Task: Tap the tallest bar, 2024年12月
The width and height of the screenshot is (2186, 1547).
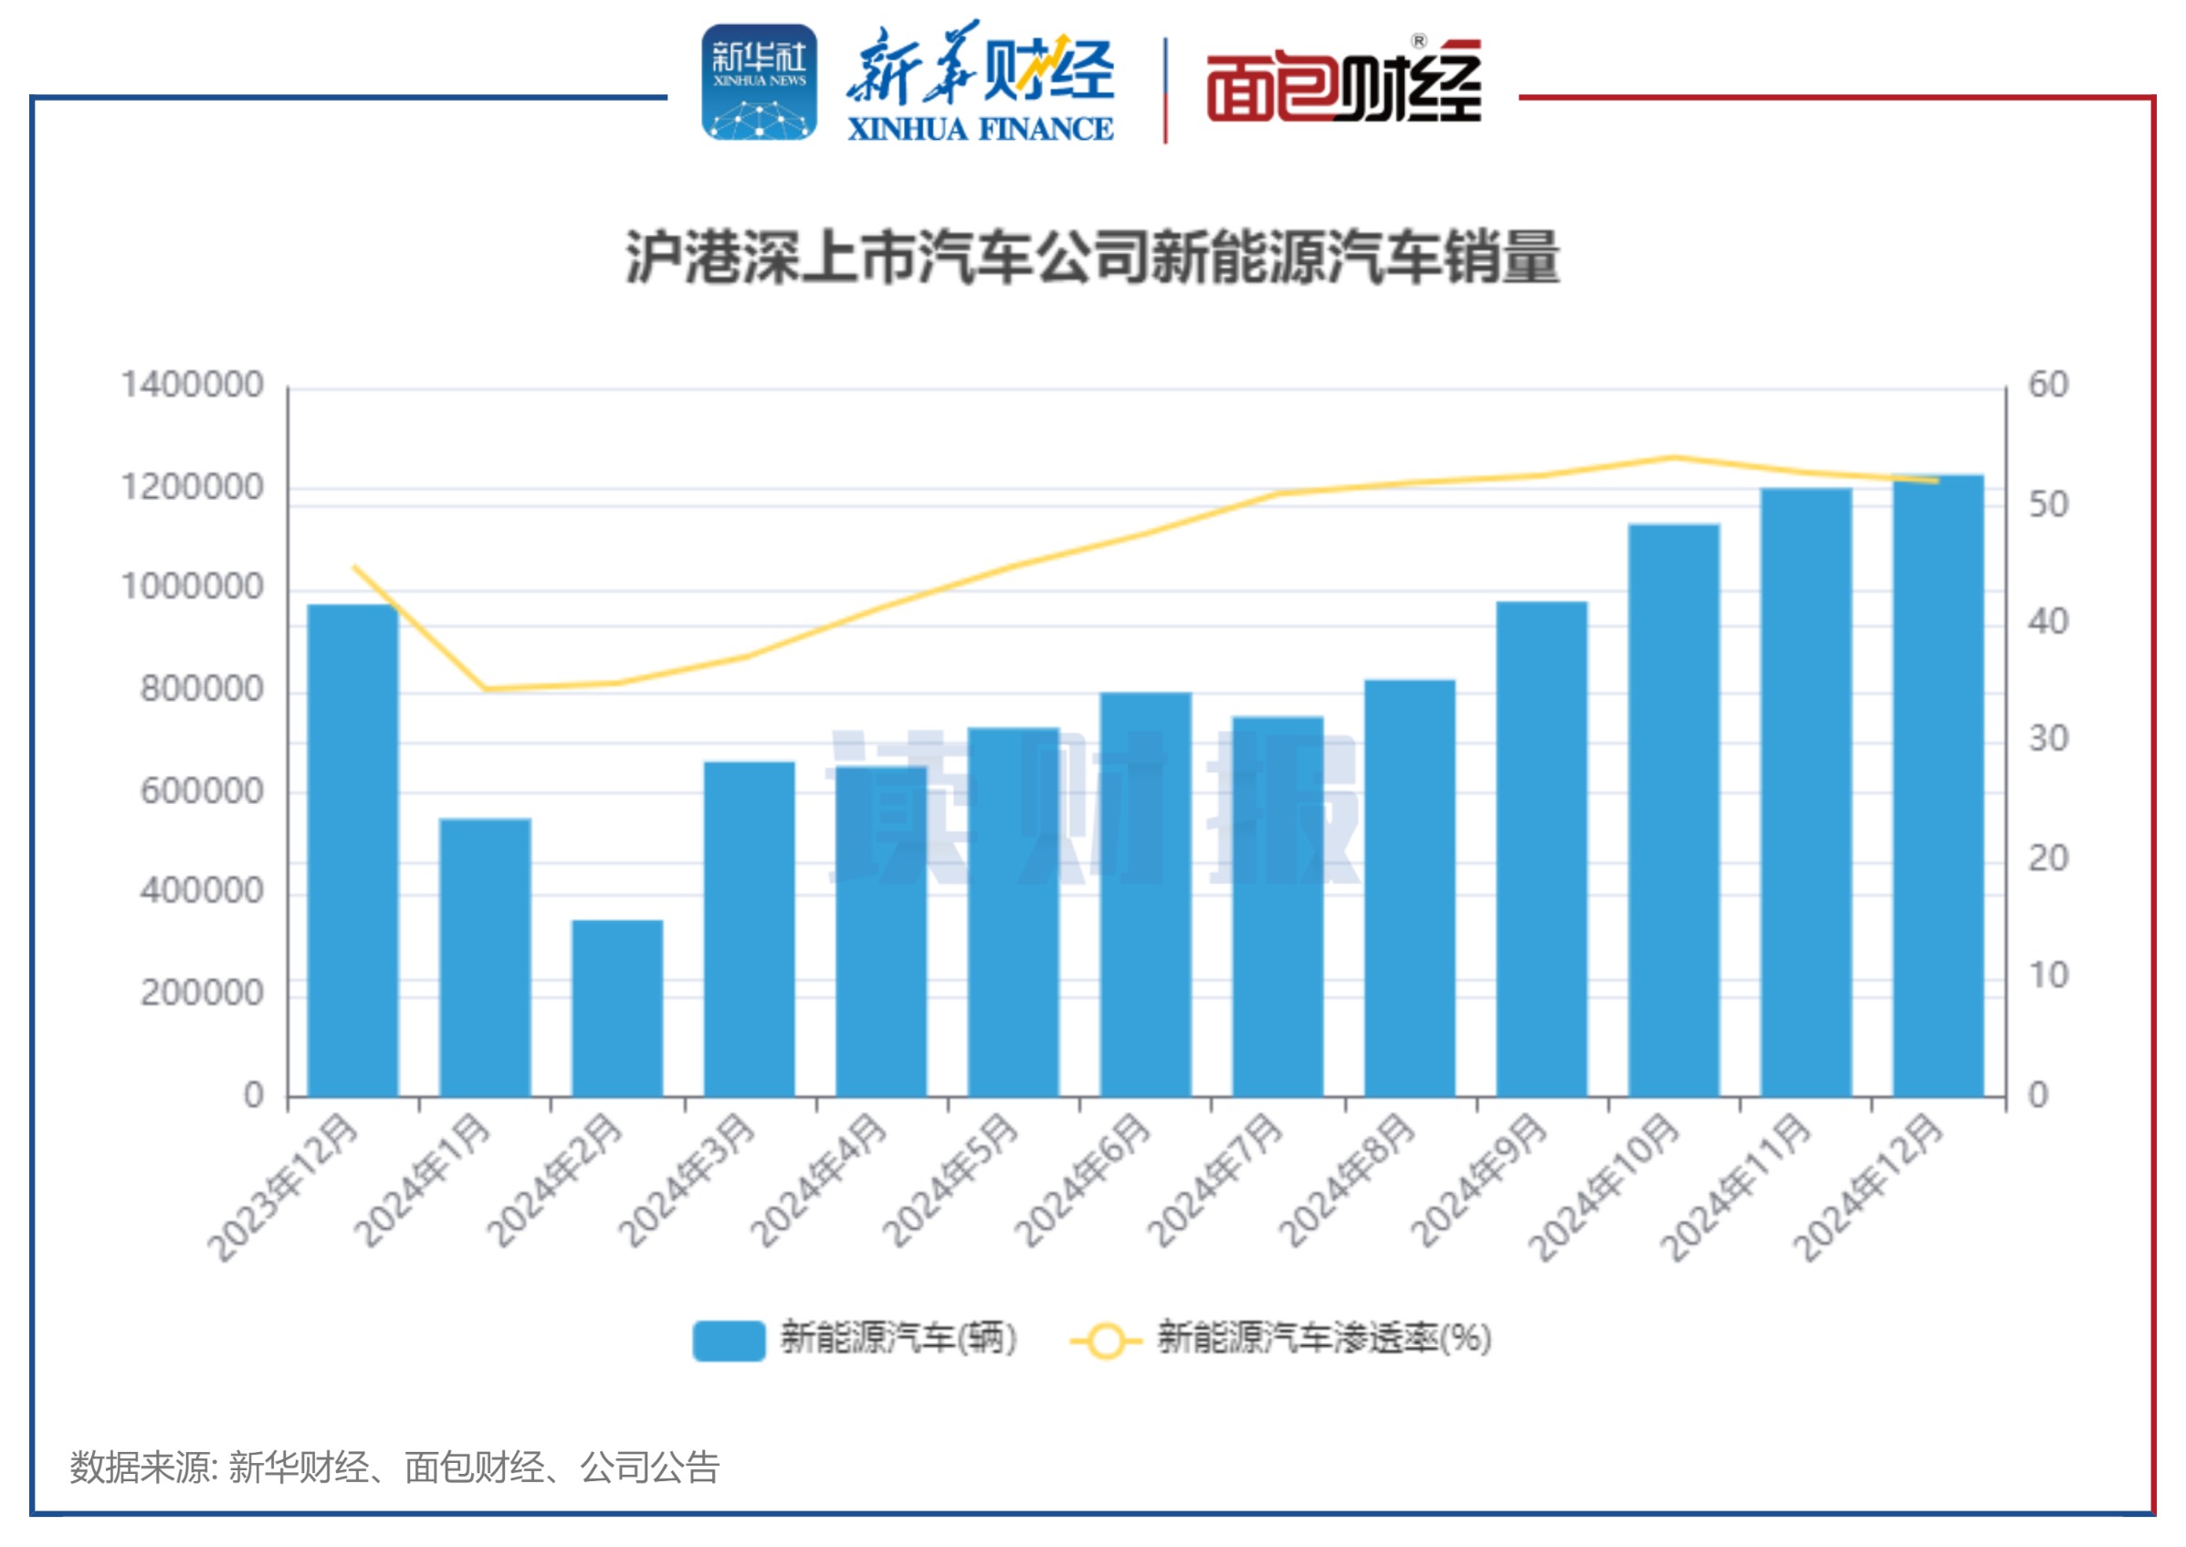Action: pos(1938,785)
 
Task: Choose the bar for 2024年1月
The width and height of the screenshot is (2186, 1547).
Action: pos(485,957)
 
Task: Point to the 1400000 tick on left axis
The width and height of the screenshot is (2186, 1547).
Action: pos(192,386)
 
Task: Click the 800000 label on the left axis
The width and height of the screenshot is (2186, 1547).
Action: pos(201,689)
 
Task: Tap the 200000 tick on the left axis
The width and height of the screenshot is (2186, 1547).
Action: pos(201,992)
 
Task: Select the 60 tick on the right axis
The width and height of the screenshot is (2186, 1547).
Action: pos(2048,386)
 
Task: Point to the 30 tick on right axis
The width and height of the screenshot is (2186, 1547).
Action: pos(2048,739)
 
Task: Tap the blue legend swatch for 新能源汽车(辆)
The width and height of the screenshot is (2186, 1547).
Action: pos(729,1340)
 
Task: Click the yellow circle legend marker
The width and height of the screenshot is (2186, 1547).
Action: pos(1106,1340)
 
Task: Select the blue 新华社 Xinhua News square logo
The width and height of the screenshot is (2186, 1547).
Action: pos(759,83)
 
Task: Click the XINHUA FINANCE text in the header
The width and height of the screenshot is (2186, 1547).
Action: pos(980,129)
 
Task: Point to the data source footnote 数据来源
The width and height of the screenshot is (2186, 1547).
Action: pos(394,1467)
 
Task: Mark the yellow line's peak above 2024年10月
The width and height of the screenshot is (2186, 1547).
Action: pos(1673,457)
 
